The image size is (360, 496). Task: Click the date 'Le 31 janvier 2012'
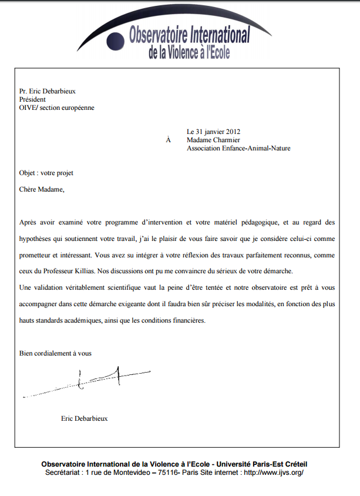[213, 132]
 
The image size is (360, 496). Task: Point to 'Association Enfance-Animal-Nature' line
[238, 149]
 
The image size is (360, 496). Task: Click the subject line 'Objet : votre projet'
[46, 173]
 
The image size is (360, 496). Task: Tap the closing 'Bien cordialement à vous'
[56, 353]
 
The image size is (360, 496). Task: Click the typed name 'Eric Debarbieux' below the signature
[85, 418]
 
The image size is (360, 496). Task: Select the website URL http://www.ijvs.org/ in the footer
[274, 472]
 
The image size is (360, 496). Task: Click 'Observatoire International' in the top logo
[190, 35]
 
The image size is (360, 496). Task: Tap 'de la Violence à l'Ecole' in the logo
[189, 53]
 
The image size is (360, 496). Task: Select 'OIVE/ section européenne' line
[56, 108]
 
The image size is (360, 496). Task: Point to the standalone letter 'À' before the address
[169, 140]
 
